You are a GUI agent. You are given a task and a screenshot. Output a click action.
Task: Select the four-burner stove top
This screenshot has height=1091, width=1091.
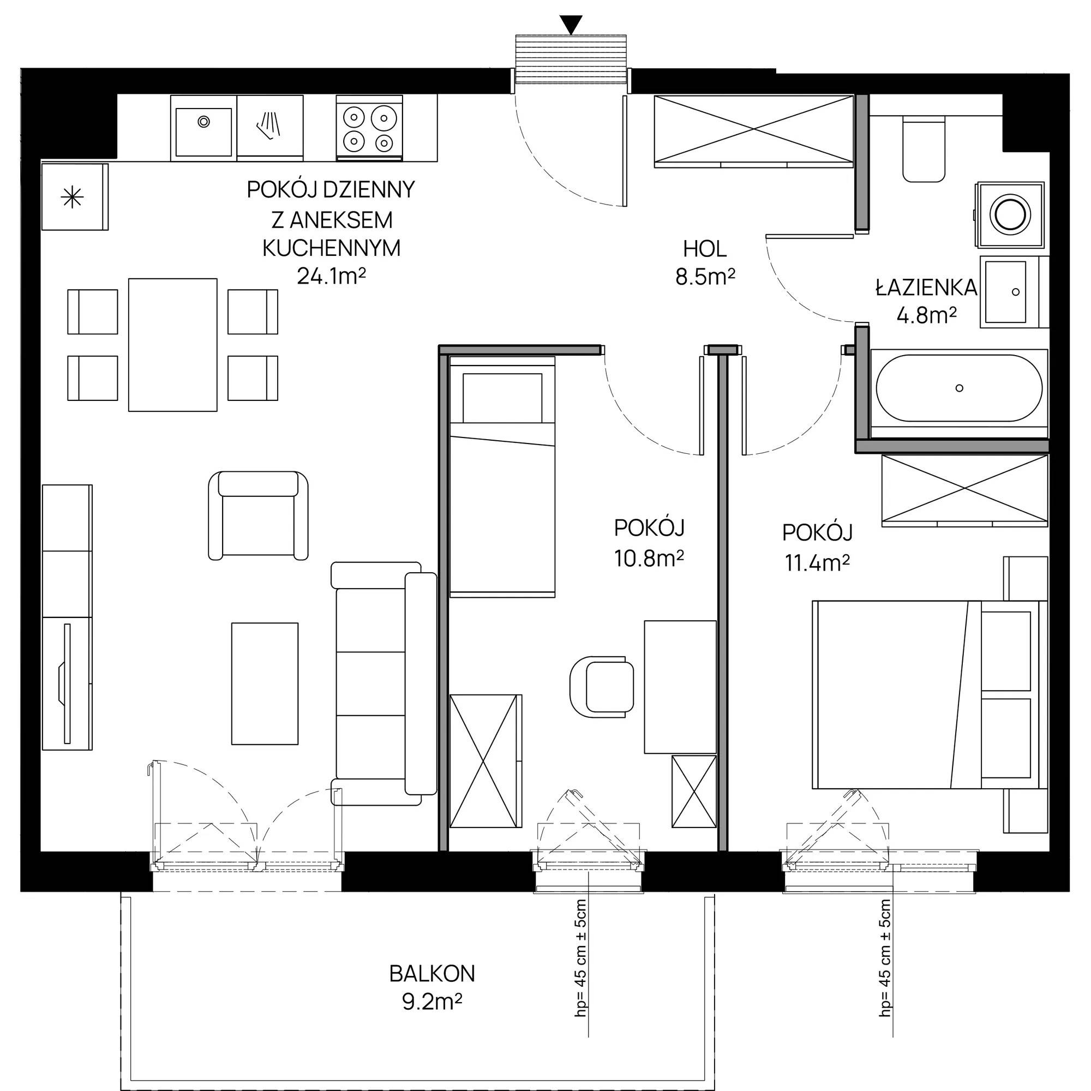(369, 129)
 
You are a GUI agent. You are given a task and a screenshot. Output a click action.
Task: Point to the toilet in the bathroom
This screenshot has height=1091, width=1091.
(924, 149)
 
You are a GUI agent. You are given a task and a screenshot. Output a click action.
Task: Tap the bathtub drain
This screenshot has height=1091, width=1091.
(959, 388)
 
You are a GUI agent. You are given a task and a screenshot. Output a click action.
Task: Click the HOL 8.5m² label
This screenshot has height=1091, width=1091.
(705, 262)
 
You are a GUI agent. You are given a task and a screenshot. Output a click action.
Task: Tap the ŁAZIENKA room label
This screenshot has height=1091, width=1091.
(926, 288)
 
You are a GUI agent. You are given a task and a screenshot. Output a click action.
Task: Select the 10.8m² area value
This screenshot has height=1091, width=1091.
(649, 559)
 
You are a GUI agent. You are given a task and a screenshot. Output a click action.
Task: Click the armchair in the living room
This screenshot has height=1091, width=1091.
(259, 515)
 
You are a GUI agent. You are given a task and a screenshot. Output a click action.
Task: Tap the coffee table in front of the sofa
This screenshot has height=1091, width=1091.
(265, 684)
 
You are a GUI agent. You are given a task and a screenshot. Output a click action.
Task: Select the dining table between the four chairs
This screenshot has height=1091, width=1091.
(173, 344)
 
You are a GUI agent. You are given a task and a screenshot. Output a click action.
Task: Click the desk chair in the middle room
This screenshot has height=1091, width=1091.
(598, 687)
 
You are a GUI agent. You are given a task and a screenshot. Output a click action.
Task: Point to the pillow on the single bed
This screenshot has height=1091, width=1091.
(502, 398)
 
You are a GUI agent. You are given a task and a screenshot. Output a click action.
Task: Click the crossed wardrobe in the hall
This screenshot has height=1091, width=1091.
(753, 131)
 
